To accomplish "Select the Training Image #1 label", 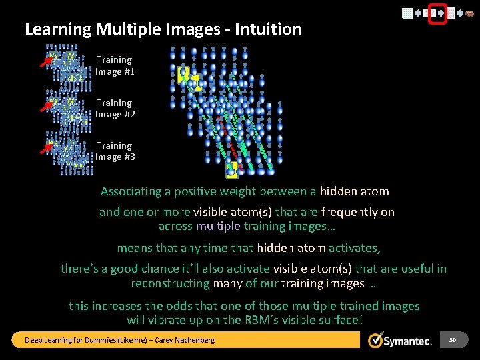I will point(115,65).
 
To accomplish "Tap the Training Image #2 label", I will point(115,109).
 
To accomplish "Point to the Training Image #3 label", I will point(115,151).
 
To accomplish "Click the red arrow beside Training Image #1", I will point(45,62).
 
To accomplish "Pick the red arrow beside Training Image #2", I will point(45,105).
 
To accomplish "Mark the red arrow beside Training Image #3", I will point(45,147).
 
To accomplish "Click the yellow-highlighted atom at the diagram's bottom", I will point(231,170).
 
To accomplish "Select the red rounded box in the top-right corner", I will point(437,13).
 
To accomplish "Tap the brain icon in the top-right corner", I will point(469,13).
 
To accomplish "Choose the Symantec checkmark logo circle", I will point(377,340).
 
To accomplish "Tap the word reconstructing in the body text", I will point(171,284).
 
